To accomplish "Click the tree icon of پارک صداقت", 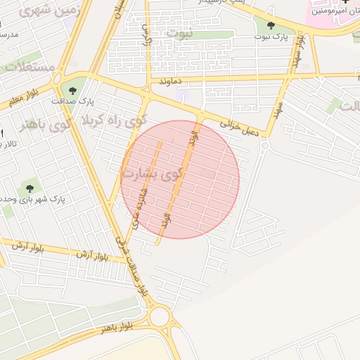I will pyautogui.click(x=72, y=90).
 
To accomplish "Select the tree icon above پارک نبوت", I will pyautogui.click(x=271, y=27).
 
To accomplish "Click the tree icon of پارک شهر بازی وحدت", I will pyautogui.click(x=30, y=188).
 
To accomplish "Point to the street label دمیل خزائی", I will pyautogui.click(x=240, y=127).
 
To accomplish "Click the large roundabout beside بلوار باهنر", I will pyautogui.click(x=160, y=316).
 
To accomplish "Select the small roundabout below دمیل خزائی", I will pyautogui.click(x=265, y=145).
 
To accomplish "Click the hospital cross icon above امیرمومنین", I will pyautogui.click(x=345, y=3).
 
